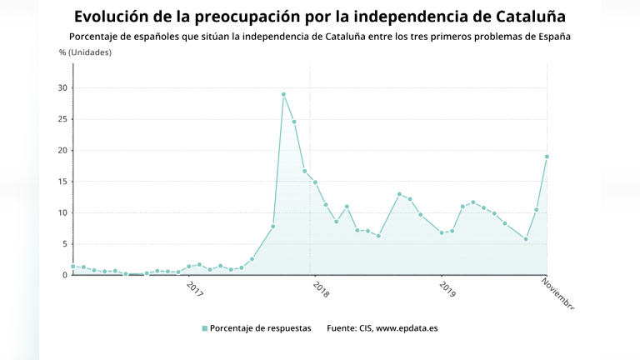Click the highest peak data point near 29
(x=283, y=94)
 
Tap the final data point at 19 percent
(x=547, y=157)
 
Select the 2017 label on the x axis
(x=195, y=288)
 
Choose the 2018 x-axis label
(x=321, y=288)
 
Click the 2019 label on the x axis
(x=447, y=288)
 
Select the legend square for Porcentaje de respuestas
(x=205, y=328)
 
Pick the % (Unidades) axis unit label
(x=85, y=52)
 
